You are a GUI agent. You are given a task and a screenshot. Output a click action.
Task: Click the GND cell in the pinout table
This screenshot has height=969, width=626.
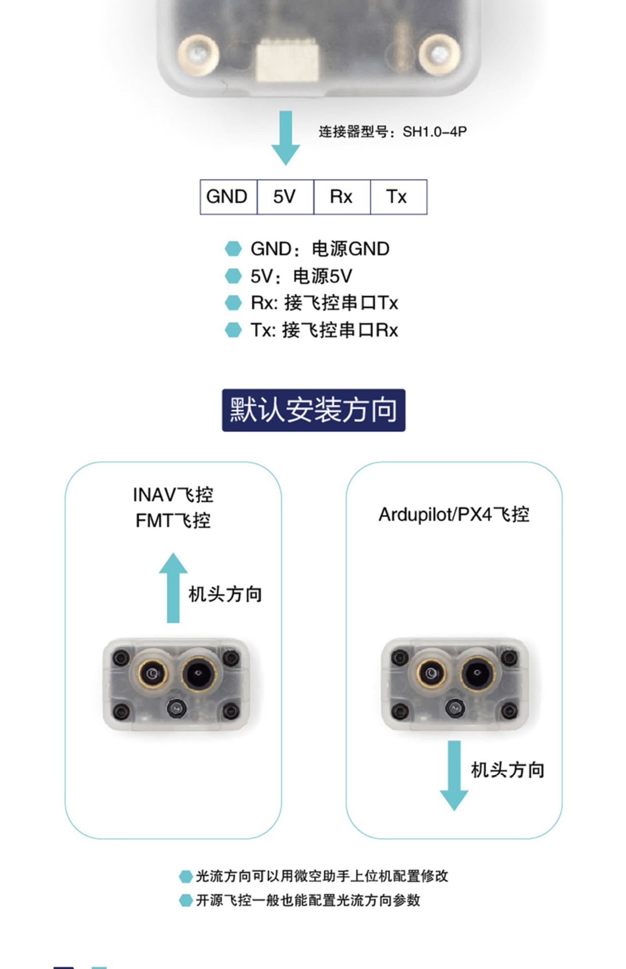coord(228,197)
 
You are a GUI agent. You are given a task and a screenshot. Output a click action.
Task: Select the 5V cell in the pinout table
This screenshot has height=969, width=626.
coord(285,197)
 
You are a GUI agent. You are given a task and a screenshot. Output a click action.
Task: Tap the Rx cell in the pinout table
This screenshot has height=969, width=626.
coord(342,197)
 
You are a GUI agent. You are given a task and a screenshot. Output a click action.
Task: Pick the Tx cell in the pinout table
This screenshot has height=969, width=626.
coord(398,197)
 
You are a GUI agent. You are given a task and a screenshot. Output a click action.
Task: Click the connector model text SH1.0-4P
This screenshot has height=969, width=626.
coord(435,132)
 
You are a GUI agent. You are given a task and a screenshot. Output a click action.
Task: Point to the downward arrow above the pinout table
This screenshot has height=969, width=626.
coord(286,138)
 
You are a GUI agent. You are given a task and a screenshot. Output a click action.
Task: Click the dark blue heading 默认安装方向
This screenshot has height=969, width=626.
coord(314,410)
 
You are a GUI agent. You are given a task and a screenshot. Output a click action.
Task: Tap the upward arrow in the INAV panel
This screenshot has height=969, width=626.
coord(173,587)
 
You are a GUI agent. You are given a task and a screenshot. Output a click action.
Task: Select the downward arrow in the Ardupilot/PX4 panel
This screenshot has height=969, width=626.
coord(454,776)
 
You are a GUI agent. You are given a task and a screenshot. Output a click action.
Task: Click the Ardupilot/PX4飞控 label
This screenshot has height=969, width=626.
coord(454,514)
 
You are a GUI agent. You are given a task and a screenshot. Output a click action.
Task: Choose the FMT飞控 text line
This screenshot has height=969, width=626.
coord(173,521)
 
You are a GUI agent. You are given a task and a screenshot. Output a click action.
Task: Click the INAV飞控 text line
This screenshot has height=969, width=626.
coord(173,495)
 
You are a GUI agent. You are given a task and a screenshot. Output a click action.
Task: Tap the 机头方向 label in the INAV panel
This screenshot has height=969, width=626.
coord(225,594)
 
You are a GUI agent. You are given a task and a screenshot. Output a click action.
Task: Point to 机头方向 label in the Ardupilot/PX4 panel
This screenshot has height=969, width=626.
coord(507,770)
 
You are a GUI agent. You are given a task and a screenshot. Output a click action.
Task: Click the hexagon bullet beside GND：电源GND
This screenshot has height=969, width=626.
coord(233,249)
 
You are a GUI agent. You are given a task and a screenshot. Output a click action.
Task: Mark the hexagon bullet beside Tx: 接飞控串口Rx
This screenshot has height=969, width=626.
coord(233,330)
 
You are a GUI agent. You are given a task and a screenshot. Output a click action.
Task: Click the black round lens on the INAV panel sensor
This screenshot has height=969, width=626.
coord(199,673)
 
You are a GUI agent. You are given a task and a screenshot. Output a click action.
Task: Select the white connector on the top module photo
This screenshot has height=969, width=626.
coord(287,62)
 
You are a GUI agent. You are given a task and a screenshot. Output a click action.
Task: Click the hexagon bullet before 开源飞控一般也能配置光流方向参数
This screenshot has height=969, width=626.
coord(186,900)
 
